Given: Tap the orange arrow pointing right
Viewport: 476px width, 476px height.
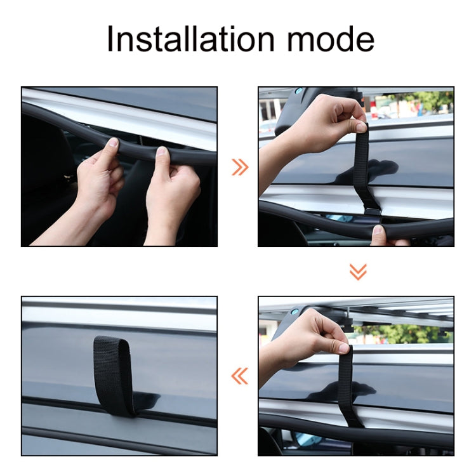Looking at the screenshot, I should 240,167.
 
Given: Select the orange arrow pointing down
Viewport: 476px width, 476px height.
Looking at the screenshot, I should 358,272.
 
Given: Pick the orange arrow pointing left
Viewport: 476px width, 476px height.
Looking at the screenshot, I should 240,376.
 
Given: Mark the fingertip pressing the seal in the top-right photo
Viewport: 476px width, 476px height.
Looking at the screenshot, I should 379,232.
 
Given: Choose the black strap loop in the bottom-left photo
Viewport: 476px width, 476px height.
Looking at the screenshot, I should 114,374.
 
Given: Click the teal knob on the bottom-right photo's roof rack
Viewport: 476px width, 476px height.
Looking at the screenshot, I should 294,312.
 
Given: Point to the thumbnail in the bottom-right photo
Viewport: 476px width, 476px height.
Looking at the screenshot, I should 343,348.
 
